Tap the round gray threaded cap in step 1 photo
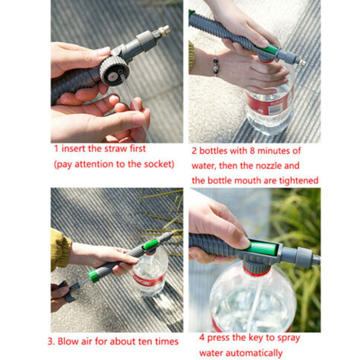pyautogui.click(x=114, y=70)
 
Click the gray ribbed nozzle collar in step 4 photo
pyautogui.click(x=303, y=257)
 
